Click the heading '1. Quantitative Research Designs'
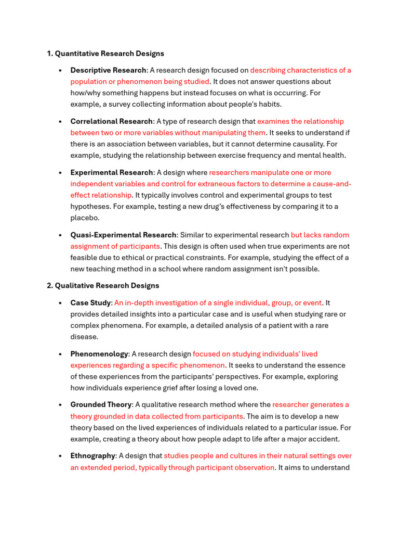105,54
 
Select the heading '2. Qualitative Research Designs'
103,286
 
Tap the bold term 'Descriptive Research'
108,70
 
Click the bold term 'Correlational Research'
111,121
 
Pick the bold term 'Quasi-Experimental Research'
123,235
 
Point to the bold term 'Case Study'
90,302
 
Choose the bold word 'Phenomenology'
99,354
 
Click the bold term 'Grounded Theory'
101,404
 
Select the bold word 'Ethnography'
92,456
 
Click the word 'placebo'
84,218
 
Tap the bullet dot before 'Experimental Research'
61,173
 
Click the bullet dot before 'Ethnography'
61,456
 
